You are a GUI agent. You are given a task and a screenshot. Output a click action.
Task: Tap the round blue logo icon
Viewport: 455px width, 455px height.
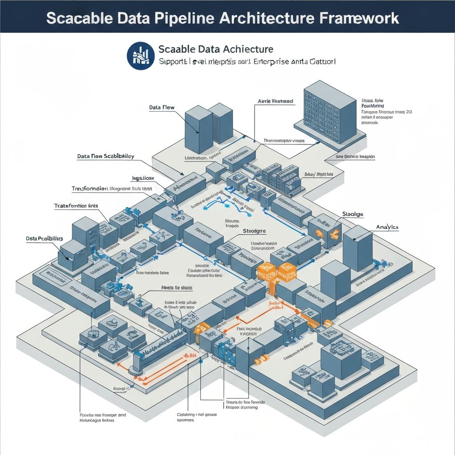click(x=140, y=56)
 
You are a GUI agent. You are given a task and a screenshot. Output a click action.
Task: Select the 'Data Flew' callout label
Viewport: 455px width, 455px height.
click(x=161, y=108)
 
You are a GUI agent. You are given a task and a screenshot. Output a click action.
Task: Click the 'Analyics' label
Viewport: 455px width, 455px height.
click(x=387, y=227)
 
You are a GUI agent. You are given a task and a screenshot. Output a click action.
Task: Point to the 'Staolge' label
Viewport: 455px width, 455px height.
click(x=353, y=214)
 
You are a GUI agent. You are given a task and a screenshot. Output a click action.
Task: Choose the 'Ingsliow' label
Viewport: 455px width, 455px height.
click(x=143, y=178)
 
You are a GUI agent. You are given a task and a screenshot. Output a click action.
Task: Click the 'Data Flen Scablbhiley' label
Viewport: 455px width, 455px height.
click(x=106, y=156)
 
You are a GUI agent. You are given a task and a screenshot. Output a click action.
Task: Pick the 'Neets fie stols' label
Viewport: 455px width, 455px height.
click(x=176, y=288)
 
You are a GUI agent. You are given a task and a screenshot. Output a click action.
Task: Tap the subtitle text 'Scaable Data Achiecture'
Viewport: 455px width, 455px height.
click(x=216, y=49)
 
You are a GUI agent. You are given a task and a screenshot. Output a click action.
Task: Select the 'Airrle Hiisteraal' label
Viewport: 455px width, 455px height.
click(x=275, y=101)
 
